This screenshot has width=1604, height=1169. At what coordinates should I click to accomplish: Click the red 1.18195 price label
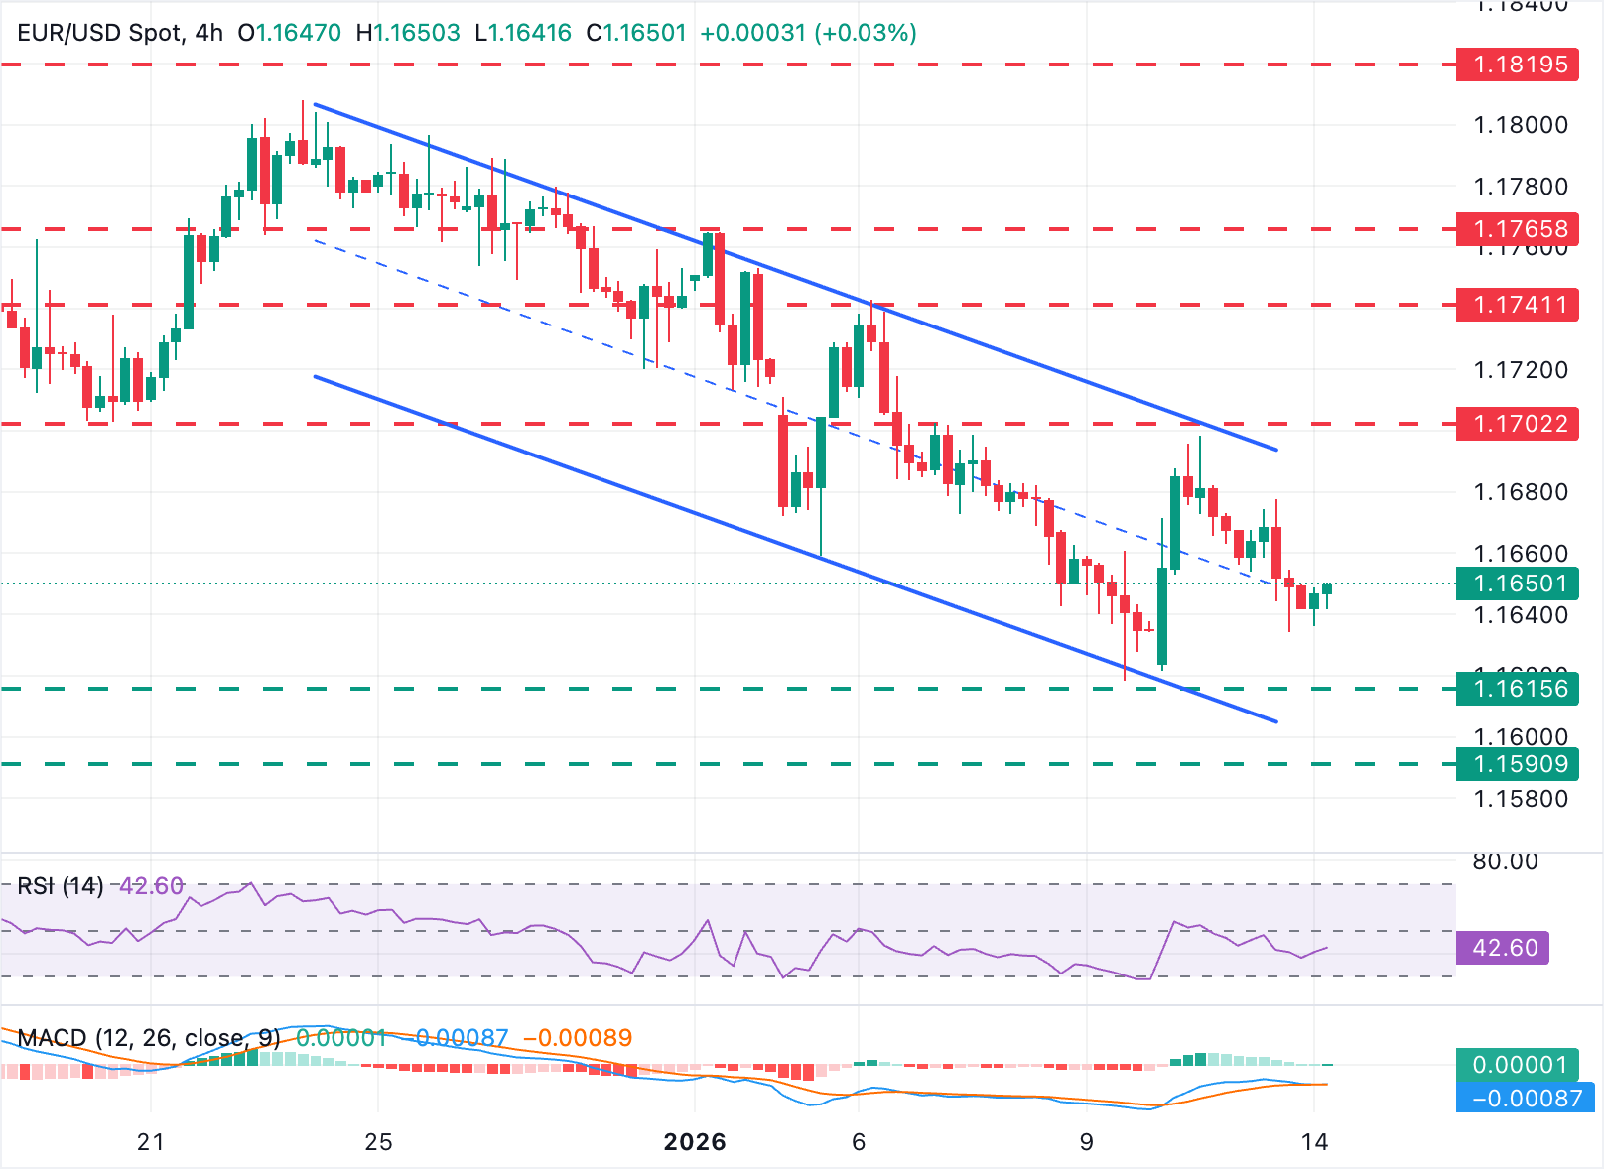pos(1517,65)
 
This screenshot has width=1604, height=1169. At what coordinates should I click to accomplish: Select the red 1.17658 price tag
pos(1517,229)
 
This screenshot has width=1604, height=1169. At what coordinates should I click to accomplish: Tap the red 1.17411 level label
pos(1517,305)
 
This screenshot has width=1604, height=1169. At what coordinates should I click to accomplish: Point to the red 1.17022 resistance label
pos(1517,424)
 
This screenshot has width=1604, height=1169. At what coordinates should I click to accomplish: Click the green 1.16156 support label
pos(1517,689)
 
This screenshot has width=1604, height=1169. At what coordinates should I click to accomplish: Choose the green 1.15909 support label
pos(1517,764)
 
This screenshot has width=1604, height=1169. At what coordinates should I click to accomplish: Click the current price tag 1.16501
pos(1517,584)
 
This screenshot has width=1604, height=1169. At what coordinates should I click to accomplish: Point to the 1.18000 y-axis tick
pos(1521,125)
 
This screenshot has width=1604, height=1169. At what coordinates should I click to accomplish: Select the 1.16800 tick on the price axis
pos(1521,492)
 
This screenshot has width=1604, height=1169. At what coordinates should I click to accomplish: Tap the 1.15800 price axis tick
pos(1521,799)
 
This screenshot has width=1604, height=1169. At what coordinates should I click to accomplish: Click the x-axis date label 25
pos(378,1142)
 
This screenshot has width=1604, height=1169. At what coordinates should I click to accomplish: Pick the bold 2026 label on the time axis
pos(695,1142)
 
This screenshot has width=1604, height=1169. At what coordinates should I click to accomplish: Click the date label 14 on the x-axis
pos(1314,1142)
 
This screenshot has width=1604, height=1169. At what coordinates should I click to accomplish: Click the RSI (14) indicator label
pos(61,886)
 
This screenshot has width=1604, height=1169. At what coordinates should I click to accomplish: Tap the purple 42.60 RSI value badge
pos(1504,948)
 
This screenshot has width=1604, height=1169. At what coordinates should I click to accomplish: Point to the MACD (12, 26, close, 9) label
pos(149,1038)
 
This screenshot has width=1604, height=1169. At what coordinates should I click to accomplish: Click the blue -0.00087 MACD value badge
pos(1526,1099)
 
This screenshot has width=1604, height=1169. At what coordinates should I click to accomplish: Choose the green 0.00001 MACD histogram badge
pos(1519,1065)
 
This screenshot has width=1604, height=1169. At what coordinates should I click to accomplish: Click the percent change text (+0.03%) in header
pos(865,33)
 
